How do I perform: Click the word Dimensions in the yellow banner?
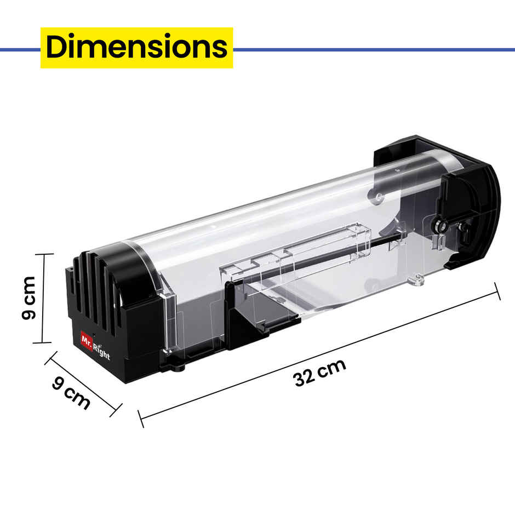click(136, 47)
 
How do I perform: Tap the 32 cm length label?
click(319, 373)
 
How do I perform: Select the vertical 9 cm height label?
click(28, 298)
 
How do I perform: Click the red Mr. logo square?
click(87, 341)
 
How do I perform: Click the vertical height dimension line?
click(43, 298)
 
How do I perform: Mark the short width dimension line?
click(83, 384)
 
